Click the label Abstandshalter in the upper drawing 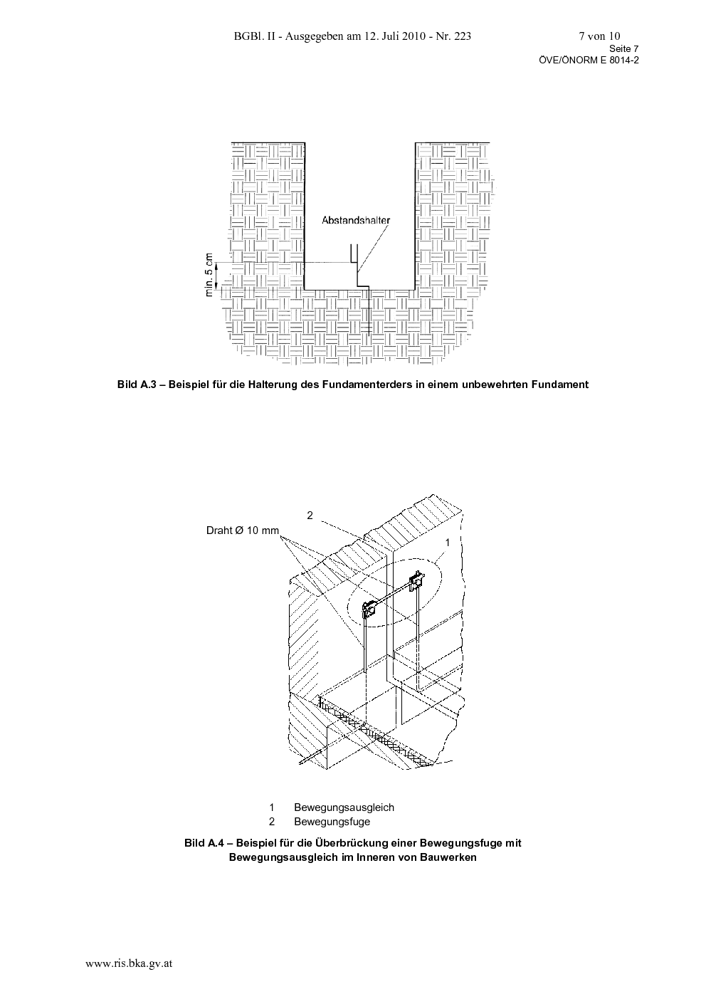coord(356,220)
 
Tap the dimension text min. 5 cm coord(209,275)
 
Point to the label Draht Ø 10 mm coord(243,530)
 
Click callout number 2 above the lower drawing coord(310,515)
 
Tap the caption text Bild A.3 coord(137,385)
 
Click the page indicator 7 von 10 coord(599,36)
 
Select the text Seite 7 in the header coord(623,48)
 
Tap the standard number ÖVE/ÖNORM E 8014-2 coord(589,61)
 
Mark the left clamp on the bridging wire coord(370,609)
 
